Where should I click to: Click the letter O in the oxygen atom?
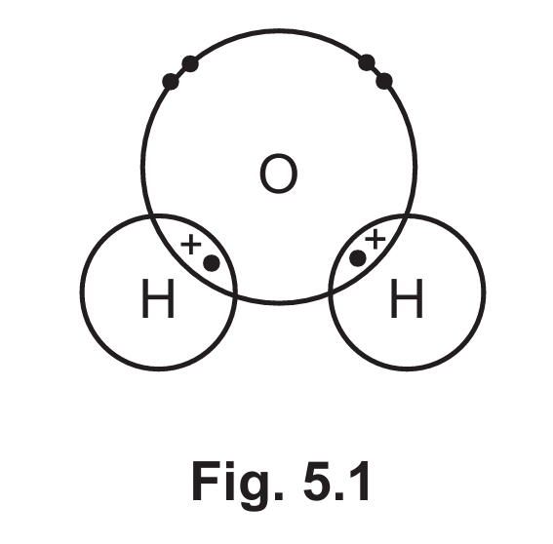point(278,174)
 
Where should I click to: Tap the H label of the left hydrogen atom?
point(158,298)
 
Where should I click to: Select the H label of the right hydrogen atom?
point(407,298)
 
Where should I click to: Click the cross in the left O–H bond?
point(191,244)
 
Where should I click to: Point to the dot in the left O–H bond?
point(212,263)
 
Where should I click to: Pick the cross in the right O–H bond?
point(375,239)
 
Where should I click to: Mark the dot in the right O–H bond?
point(358,258)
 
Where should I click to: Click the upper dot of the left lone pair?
point(190,63)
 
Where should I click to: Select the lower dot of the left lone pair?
point(171,82)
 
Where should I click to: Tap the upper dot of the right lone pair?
point(367,63)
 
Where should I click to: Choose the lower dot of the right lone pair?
point(384,81)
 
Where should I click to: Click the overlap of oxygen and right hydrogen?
point(367,253)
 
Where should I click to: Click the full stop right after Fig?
point(279,495)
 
